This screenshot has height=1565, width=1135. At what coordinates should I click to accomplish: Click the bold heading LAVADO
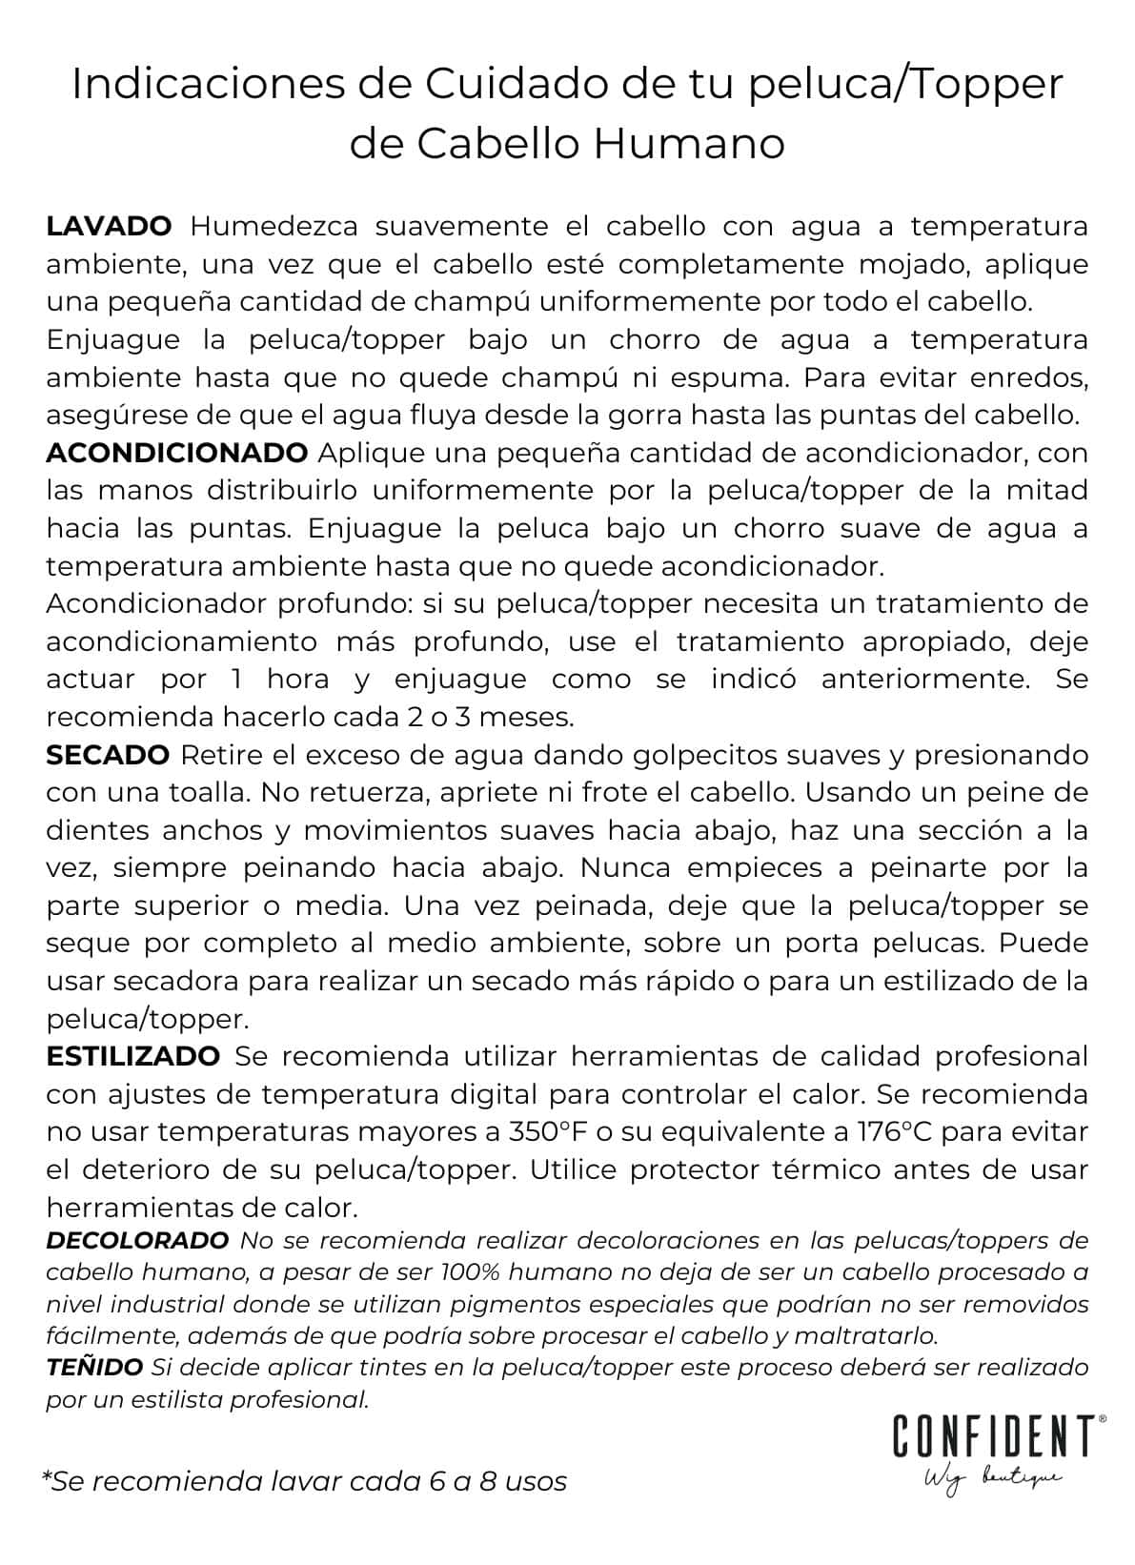[109, 227]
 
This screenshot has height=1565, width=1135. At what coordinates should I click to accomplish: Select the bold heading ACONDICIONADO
[176, 453]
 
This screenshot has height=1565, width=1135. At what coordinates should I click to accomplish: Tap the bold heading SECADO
[108, 755]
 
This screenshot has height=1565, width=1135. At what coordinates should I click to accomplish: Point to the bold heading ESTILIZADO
[132, 1056]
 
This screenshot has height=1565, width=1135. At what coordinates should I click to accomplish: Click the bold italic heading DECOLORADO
[137, 1240]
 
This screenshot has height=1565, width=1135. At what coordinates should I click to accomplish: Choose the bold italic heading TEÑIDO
[94, 1368]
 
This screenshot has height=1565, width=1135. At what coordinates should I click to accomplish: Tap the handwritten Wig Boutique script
[991, 1478]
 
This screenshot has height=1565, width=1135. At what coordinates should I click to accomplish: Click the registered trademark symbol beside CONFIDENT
[1103, 1419]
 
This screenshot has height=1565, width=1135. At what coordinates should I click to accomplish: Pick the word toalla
[206, 792]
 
